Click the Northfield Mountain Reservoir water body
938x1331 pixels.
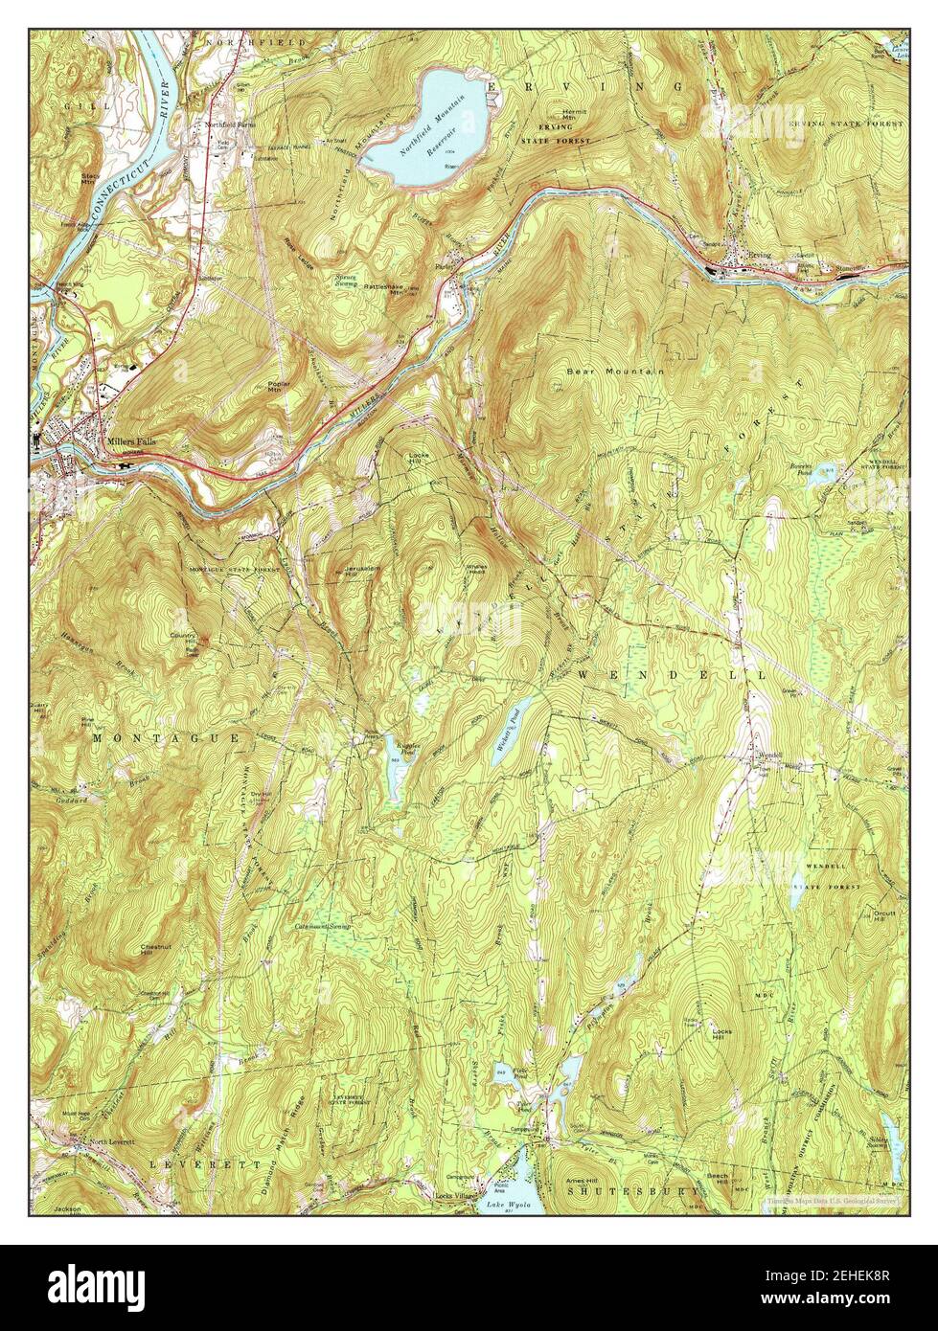click(x=422, y=124)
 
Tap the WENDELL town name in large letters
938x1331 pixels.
click(x=670, y=675)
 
